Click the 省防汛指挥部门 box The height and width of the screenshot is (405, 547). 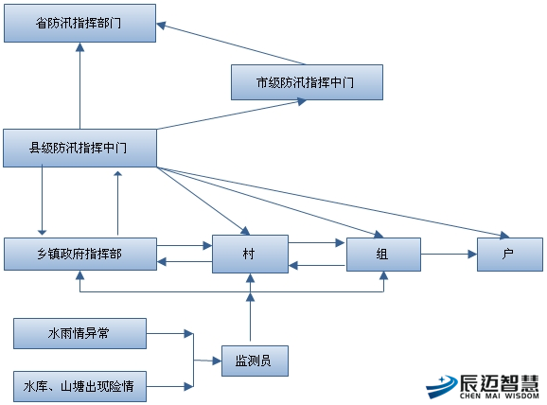point(79,24)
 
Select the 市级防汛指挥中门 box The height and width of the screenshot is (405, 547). point(307,82)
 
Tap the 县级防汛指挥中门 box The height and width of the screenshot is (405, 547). point(79,148)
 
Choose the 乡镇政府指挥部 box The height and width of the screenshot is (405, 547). point(80,254)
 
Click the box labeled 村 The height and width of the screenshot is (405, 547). point(250,254)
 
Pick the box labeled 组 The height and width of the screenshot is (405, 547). point(383,255)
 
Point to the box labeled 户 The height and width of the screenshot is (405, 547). point(510,255)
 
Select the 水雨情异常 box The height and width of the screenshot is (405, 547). point(79,333)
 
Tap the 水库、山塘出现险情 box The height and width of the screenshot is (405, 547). point(79,386)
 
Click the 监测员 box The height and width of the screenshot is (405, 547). point(255,361)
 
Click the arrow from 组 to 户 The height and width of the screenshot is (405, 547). point(449,254)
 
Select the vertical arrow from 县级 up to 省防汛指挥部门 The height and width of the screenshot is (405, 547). point(79,86)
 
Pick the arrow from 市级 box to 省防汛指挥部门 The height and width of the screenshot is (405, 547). point(231,44)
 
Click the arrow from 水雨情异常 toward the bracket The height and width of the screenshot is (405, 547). point(170,334)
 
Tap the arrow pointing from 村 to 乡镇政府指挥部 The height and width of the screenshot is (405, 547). point(185,261)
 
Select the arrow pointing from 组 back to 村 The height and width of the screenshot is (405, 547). point(317,266)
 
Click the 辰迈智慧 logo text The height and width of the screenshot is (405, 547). point(499,383)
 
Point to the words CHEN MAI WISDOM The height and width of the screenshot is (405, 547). point(500,396)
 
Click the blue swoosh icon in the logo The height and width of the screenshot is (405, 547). point(442,386)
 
